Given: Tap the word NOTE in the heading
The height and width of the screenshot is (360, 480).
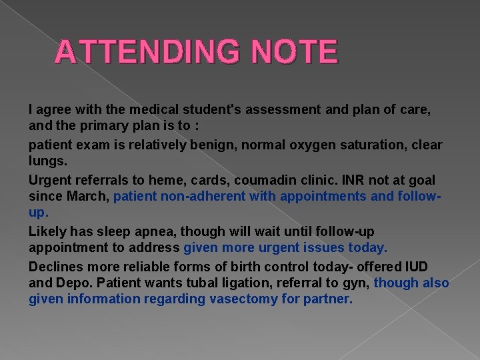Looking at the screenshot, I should [296, 52].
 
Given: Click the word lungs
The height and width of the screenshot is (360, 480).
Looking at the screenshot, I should [47, 160].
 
